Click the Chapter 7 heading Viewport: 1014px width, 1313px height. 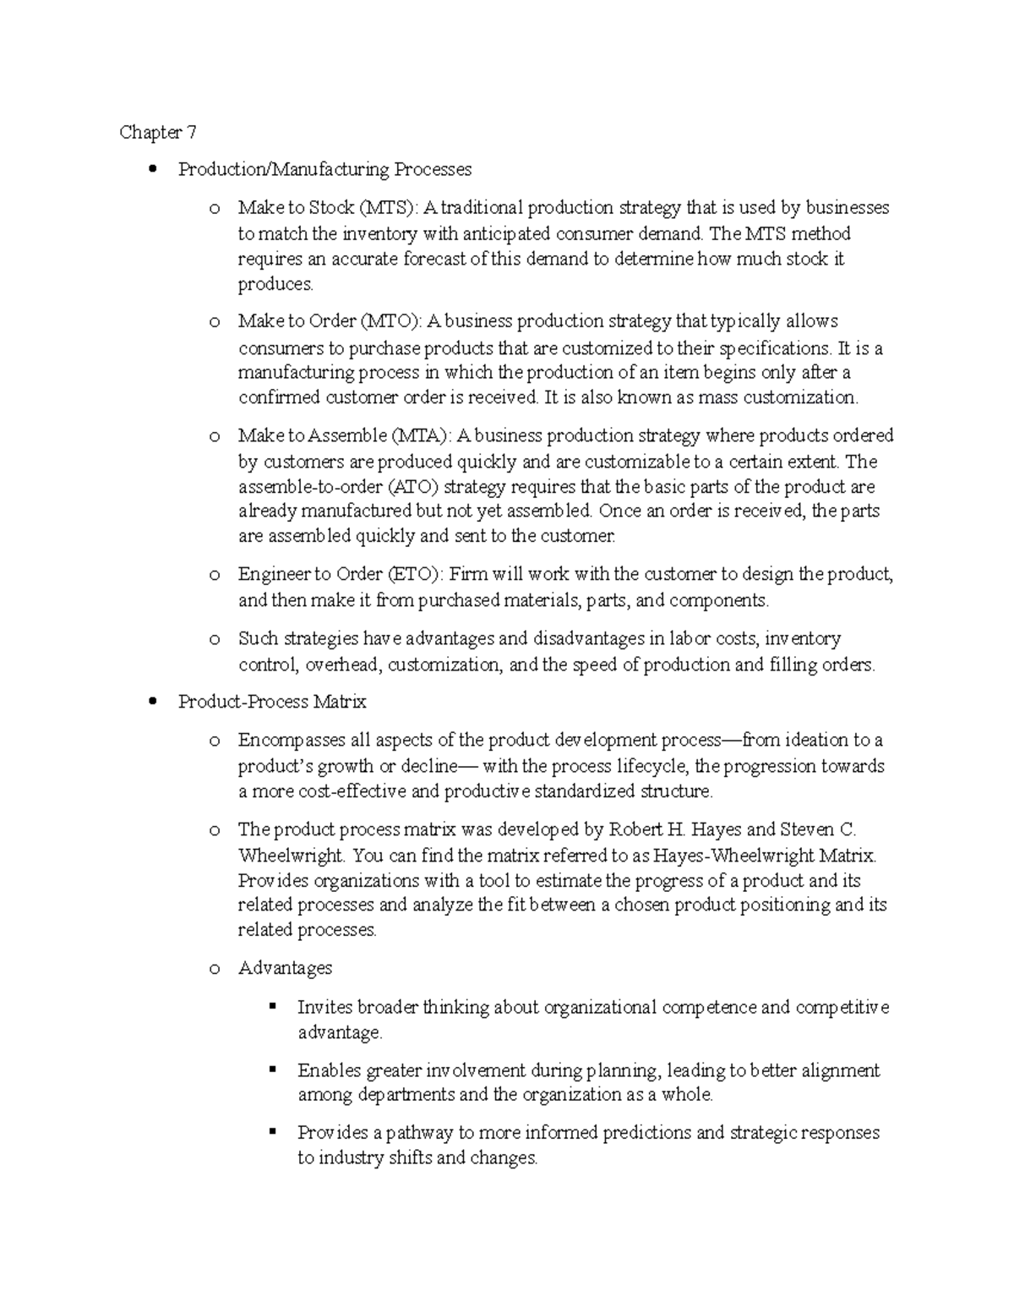(x=158, y=132)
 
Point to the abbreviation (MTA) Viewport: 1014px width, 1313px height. (x=422, y=435)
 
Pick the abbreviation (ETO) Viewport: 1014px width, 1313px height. (x=414, y=574)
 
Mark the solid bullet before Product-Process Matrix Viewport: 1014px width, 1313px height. (x=153, y=702)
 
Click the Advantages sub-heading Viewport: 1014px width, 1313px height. (x=285, y=968)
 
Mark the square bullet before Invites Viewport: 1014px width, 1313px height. (x=272, y=1006)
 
